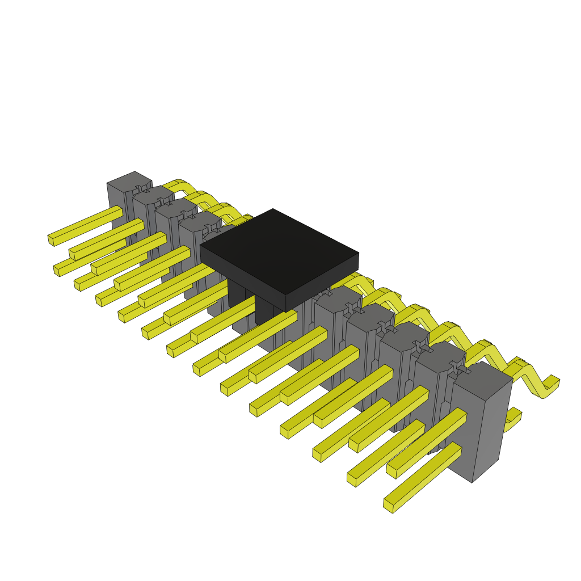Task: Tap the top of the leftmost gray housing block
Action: [x=129, y=180]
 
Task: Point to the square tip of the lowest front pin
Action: [x=388, y=506]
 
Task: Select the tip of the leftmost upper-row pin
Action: [x=50, y=240]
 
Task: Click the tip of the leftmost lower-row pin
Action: [x=57, y=270]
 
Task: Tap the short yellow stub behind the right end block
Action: [x=513, y=417]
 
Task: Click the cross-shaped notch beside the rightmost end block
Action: [x=458, y=369]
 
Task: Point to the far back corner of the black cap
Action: [x=273, y=209]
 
